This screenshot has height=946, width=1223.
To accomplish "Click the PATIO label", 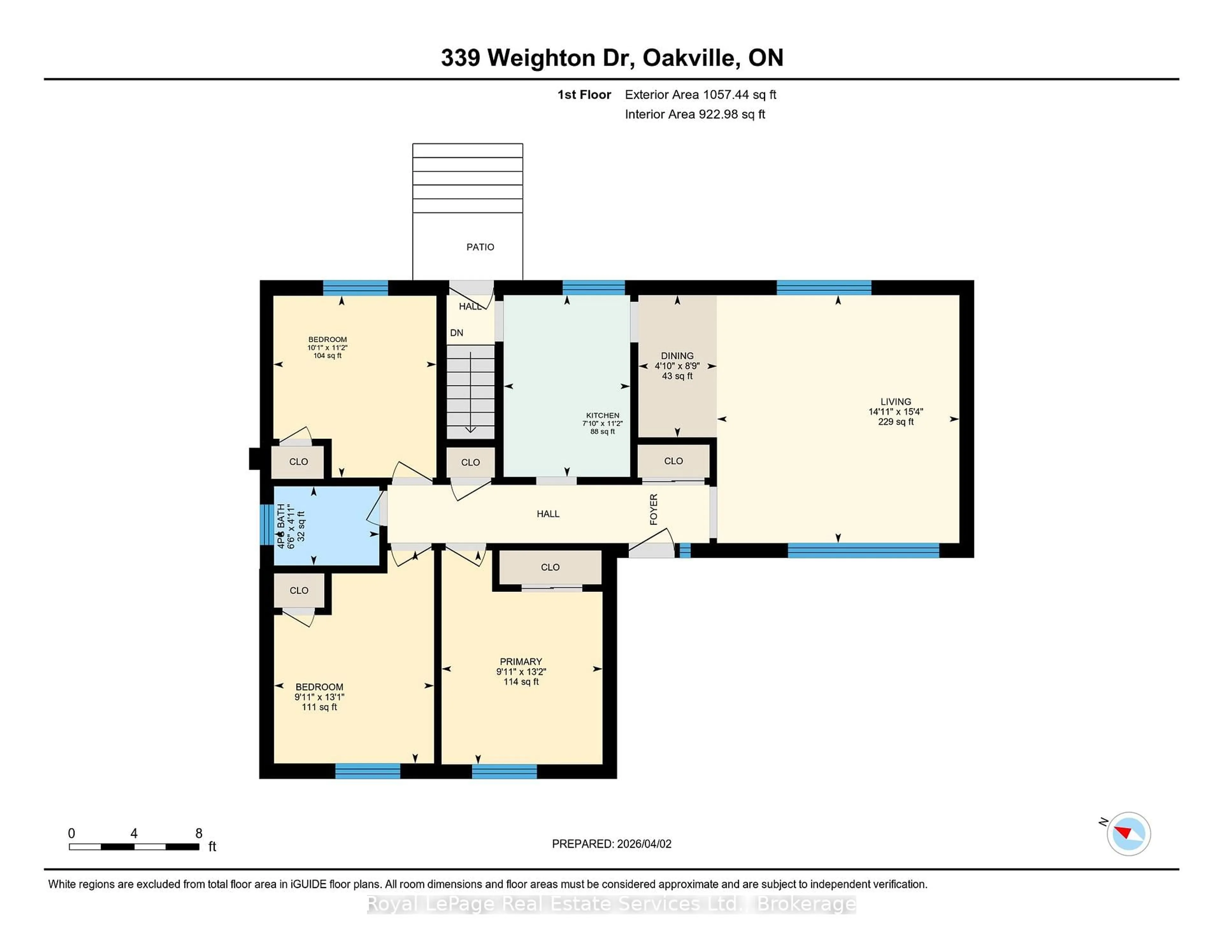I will tap(480, 247).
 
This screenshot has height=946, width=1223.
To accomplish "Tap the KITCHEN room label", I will tap(603, 415).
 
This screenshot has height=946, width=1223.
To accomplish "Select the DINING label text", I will tap(677, 356).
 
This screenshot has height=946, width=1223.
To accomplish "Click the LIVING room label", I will tap(895, 402).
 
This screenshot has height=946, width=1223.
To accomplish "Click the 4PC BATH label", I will tap(281, 525).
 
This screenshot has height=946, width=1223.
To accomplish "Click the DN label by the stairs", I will tap(456, 333).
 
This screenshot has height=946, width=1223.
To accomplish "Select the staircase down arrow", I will tap(470, 392).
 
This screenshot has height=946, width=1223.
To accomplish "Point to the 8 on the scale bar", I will tap(199, 833).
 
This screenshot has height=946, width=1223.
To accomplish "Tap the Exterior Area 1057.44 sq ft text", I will tap(700, 95).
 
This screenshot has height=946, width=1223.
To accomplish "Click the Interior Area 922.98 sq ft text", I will tap(694, 114).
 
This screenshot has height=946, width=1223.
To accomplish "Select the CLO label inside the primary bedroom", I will tap(550, 567).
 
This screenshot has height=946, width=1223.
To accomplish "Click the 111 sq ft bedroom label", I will tap(319, 707).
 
